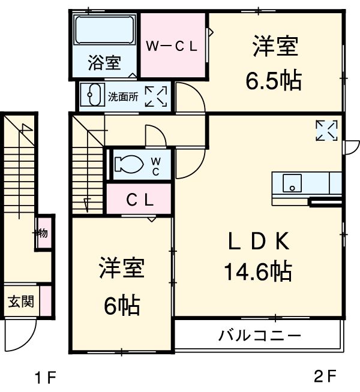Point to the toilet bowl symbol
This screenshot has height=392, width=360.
coord(127,164)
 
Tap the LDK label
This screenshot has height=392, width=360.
coord(259,242)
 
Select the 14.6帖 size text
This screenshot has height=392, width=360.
coord(258,273)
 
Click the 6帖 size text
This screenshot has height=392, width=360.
coord(121,306)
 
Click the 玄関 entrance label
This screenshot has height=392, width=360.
coord(21,301)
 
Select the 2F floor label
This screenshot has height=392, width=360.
coord(325,376)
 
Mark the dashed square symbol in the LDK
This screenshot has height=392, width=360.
coord(327,131)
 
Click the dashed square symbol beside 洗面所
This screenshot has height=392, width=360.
coord(156,96)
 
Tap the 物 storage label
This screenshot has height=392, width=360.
coord(44,233)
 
